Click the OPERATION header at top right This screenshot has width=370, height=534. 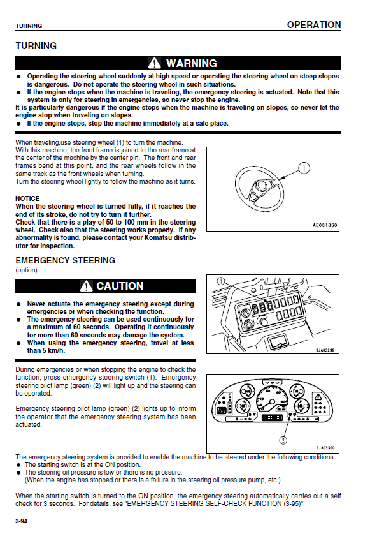pos(314,25)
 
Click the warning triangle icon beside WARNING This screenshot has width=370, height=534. pos(154,63)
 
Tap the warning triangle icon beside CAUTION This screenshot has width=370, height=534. pos(87,286)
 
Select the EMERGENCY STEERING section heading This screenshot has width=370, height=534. pos(66,260)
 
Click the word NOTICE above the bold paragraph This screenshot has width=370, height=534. pos(27,198)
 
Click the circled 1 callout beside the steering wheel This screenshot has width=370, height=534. pos(304,168)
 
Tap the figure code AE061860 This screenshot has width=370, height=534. pos(325,225)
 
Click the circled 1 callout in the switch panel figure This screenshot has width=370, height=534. pos(221,281)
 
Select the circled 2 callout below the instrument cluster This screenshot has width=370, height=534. pos(283,440)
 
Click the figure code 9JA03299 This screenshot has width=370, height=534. pos(325,350)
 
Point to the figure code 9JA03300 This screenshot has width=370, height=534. pos(325,448)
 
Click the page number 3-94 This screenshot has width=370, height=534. pos(22,521)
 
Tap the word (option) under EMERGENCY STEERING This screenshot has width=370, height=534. pos(27,270)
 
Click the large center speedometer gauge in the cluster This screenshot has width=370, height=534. pos(271,397)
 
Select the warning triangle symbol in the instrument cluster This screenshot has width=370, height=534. pos(318,397)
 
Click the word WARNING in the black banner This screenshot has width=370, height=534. pos(192,63)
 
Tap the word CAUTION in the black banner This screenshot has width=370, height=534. pos(120,286)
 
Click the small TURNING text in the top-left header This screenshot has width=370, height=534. pos(29,26)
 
